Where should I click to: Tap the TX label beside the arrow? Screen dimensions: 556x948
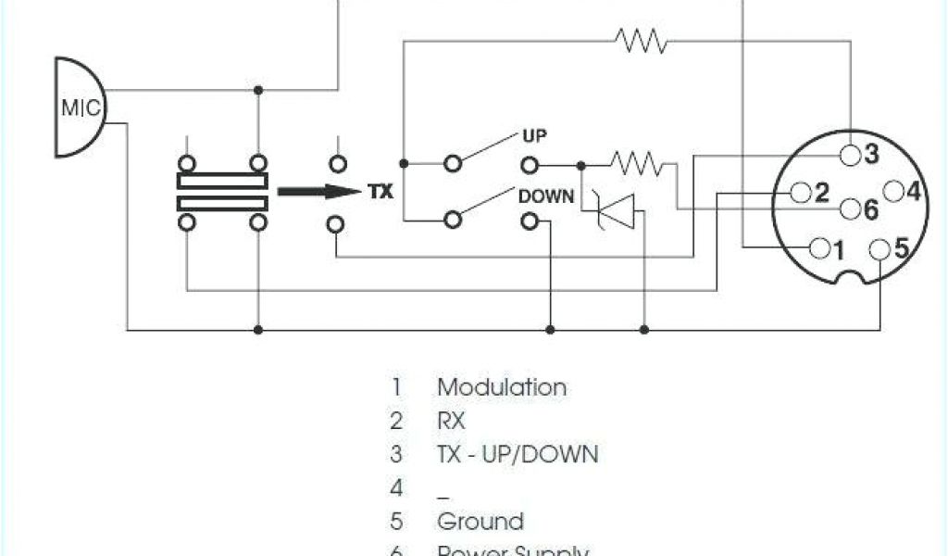click(x=380, y=193)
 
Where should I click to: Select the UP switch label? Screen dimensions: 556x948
click(x=535, y=136)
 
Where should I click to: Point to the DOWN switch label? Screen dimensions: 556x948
click(x=546, y=196)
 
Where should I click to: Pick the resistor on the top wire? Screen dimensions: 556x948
click(x=641, y=41)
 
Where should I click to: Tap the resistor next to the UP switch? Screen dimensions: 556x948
click(x=636, y=165)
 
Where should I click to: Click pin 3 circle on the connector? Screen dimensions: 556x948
click(x=850, y=154)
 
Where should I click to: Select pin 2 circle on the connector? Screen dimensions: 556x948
click(x=801, y=194)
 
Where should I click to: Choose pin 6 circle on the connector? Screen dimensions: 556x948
click(x=848, y=210)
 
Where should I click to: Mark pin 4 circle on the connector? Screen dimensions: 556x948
click(x=893, y=193)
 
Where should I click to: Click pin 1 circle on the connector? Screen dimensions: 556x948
click(x=819, y=248)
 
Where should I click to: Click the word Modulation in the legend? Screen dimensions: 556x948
click(x=502, y=387)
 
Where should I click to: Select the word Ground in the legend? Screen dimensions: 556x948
click(x=480, y=521)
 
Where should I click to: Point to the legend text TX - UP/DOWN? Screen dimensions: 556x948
click(x=518, y=454)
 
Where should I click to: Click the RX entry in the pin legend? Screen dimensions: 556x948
click(x=451, y=421)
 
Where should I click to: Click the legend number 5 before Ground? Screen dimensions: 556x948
click(x=397, y=521)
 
